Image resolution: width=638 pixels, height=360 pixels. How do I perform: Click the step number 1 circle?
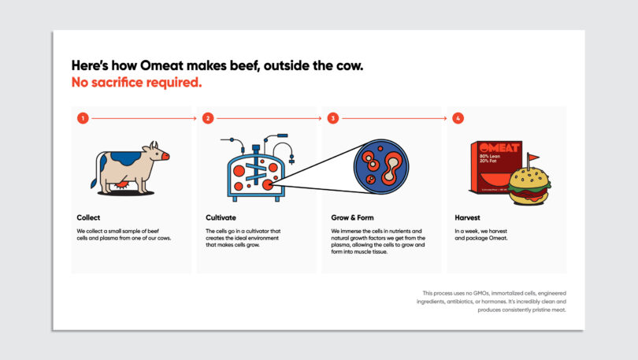(x=82, y=118)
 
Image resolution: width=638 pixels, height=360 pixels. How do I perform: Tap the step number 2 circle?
(x=208, y=118)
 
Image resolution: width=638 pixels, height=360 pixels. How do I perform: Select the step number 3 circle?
(x=333, y=118)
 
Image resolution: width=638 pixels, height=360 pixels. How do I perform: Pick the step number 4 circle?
(x=458, y=118)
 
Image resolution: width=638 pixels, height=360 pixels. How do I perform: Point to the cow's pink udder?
(x=123, y=184)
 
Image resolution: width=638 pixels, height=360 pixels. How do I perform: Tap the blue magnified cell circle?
(x=381, y=166)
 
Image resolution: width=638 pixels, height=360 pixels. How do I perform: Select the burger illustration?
(x=529, y=184)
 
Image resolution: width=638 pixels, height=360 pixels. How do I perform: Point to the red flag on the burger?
(x=532, y=158)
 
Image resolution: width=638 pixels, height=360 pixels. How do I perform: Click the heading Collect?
(x=88, y=217)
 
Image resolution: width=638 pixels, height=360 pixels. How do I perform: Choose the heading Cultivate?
(x=221, y=217)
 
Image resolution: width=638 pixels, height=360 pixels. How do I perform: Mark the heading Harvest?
(x=467, y=217)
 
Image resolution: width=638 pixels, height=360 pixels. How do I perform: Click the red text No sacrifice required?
(x=136, y=81)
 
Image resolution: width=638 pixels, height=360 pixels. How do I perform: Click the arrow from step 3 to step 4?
(x=396, y=118)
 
